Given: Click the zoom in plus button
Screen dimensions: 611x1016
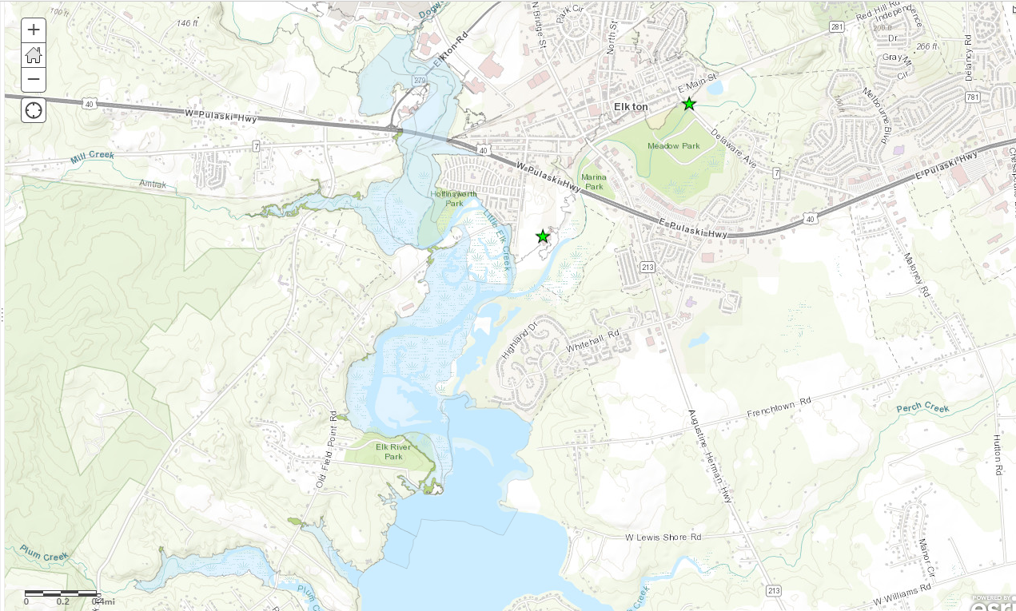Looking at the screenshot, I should (x=34, y=30).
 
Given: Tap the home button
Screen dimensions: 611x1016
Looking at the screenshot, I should (x=34, y=55).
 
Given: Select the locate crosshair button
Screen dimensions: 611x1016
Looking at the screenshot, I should (x=34, y=110).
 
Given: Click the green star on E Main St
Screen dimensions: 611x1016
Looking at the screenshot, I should (x=688, y=104).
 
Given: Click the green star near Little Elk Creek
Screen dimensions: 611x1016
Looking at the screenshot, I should (x=543, y=236).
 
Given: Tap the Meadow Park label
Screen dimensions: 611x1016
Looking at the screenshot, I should (x=673, y=146).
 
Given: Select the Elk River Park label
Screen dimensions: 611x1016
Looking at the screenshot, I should (x=393, y=452).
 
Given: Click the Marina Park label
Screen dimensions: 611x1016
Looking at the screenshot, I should (x=594, y=181).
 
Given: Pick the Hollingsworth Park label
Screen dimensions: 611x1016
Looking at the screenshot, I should (x=454, y=198).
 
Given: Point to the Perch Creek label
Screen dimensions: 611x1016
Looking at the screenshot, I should (x=922, y=408).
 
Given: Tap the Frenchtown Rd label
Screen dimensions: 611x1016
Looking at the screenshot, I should (x=779, y=407).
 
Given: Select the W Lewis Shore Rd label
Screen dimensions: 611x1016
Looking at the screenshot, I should (x=663, y=538).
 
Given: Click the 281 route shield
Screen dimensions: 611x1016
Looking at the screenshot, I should (x=837, y=26).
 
